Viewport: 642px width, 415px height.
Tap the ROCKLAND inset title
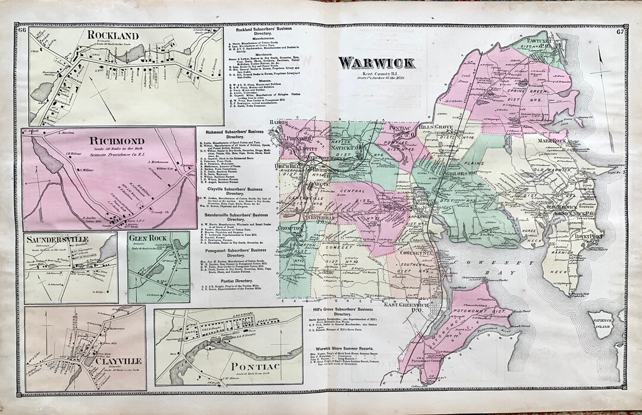112,35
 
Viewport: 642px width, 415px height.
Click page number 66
22,31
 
